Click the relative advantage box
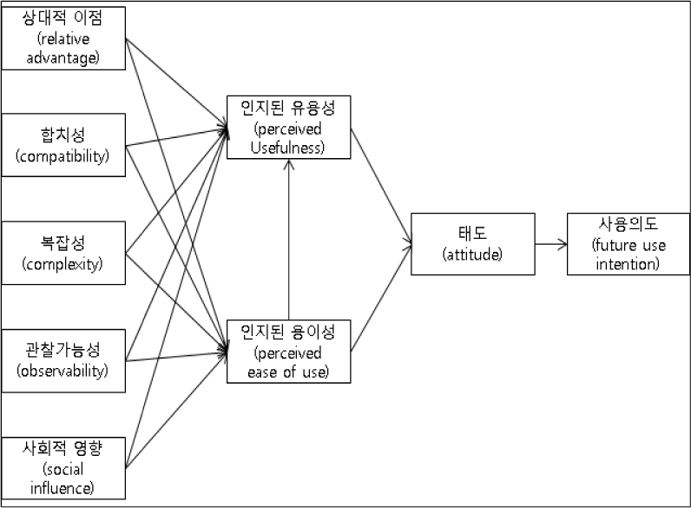[63, 38]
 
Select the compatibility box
[63, 145]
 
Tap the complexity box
[63, 253]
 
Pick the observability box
[63, 360]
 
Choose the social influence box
[63, 468]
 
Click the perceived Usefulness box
[289, 127]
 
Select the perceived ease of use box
[289, 352]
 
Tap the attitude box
[473, 244]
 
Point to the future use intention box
[628, 244]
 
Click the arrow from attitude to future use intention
[551, 244]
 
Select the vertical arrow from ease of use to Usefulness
[289, 240]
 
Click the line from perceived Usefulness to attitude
[381, 186]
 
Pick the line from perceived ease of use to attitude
[381, 298]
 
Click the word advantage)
[63, 58]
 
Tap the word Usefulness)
[287, 148]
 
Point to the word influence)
[63, 488]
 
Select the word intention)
[628, 264]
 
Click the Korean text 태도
[472, 233]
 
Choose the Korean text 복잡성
[63, 242]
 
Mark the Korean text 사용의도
[628, 224]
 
